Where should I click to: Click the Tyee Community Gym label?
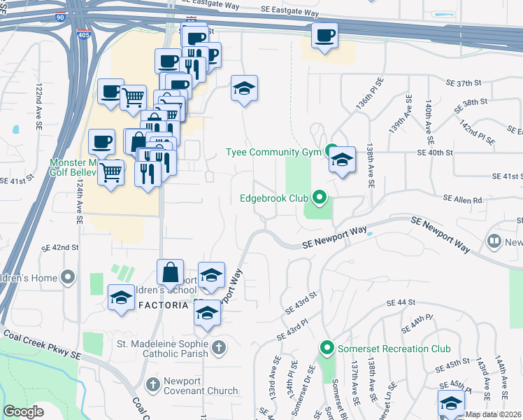(273, 152)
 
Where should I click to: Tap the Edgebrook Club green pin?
(320, 198)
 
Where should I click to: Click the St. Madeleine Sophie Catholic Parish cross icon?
(219, 347)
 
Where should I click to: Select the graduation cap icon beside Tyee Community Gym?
(342, 160)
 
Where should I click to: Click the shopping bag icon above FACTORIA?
(170, 272)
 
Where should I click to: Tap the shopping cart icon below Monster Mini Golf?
(111, 171)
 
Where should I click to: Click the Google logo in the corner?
(23, 412)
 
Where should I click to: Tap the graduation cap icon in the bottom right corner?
(451, 403)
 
